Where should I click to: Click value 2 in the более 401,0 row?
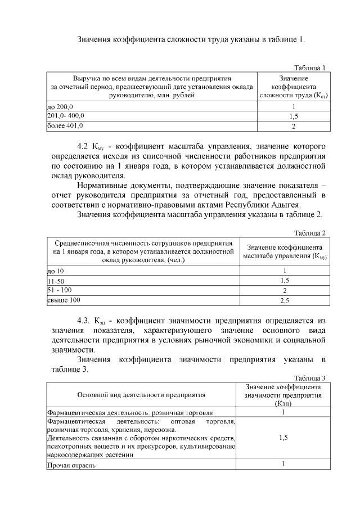(x=293, y=126)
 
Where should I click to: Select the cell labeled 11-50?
(x=56, y=281)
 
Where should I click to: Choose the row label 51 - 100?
(x=59, y=290)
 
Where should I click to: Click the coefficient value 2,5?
(x=285, y=301)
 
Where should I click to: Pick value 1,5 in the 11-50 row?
(x=285, y=281)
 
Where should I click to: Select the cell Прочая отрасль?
(x=71, y=465)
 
